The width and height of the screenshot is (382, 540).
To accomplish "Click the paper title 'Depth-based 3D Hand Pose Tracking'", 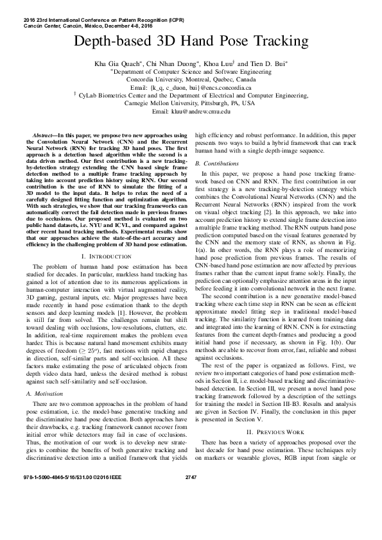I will pos(191,43).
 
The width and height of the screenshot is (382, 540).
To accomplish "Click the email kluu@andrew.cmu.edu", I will pos(191,112).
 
